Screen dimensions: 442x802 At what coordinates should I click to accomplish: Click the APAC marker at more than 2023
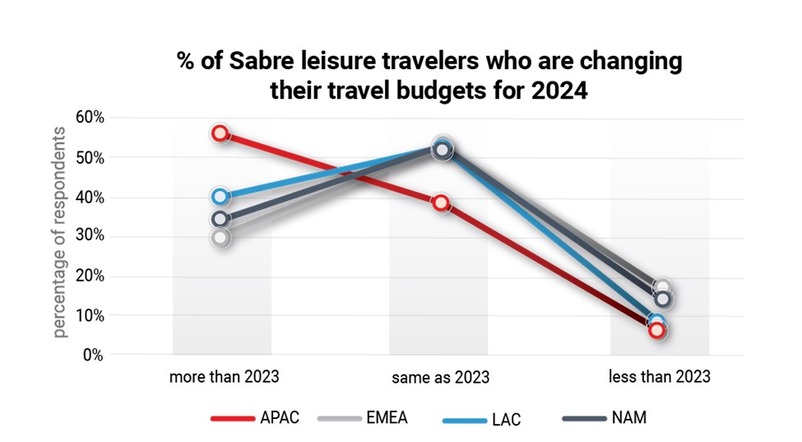tap(220, 133)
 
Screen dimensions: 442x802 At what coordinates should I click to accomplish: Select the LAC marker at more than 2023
tap(220, 197)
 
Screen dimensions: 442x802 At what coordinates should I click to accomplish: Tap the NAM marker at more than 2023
tap(220, 219)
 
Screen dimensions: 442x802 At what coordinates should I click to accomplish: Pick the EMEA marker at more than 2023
tap(220, 238)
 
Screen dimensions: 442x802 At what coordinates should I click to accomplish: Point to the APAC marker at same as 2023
tap(442, 203)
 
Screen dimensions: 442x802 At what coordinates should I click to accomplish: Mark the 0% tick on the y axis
tap(95, 355)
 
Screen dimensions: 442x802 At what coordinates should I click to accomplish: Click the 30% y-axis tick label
tap(90, 236)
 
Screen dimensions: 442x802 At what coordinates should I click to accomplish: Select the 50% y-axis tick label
tap(90, 157)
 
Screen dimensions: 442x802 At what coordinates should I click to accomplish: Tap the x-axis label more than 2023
tap(224, 377)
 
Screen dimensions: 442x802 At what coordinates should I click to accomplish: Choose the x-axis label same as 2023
tap(442, 378)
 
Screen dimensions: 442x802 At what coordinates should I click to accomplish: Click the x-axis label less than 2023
tap(659, 377)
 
